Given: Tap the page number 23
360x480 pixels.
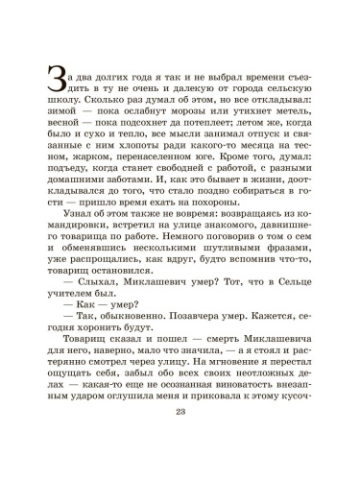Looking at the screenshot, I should click(x=180, y=440).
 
